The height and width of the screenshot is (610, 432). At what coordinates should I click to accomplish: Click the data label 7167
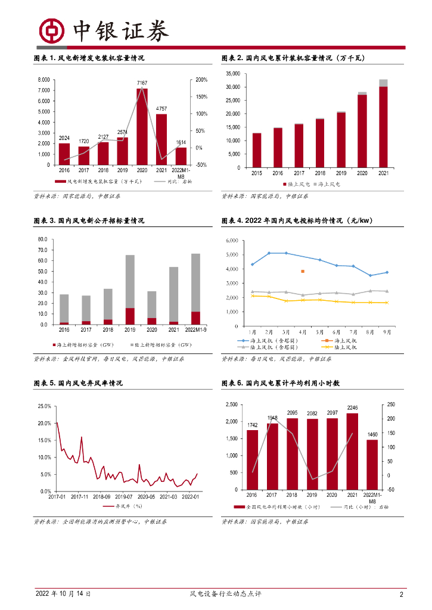pos(142,83)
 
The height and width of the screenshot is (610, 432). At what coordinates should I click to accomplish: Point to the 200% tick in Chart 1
pos(201,80)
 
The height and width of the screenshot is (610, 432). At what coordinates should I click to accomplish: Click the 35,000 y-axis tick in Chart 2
pos(232,74)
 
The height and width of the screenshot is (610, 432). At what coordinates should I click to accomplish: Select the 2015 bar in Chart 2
pos(257,150)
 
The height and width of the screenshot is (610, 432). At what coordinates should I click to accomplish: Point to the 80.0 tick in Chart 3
pos(43,239)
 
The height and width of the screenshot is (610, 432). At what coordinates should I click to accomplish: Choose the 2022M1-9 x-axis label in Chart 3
pos(195,329)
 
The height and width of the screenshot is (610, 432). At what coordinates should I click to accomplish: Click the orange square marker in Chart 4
pos(303,271)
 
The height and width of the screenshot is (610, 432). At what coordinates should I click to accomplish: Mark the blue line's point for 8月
pos(370,275)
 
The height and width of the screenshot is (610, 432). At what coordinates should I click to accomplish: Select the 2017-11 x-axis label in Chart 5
pos(79,496)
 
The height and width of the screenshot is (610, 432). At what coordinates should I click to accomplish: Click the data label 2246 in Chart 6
pos(352,408)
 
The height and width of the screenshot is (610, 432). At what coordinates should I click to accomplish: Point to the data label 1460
pos(372,434)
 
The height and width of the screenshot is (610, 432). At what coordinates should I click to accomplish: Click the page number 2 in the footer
pos(402,594)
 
